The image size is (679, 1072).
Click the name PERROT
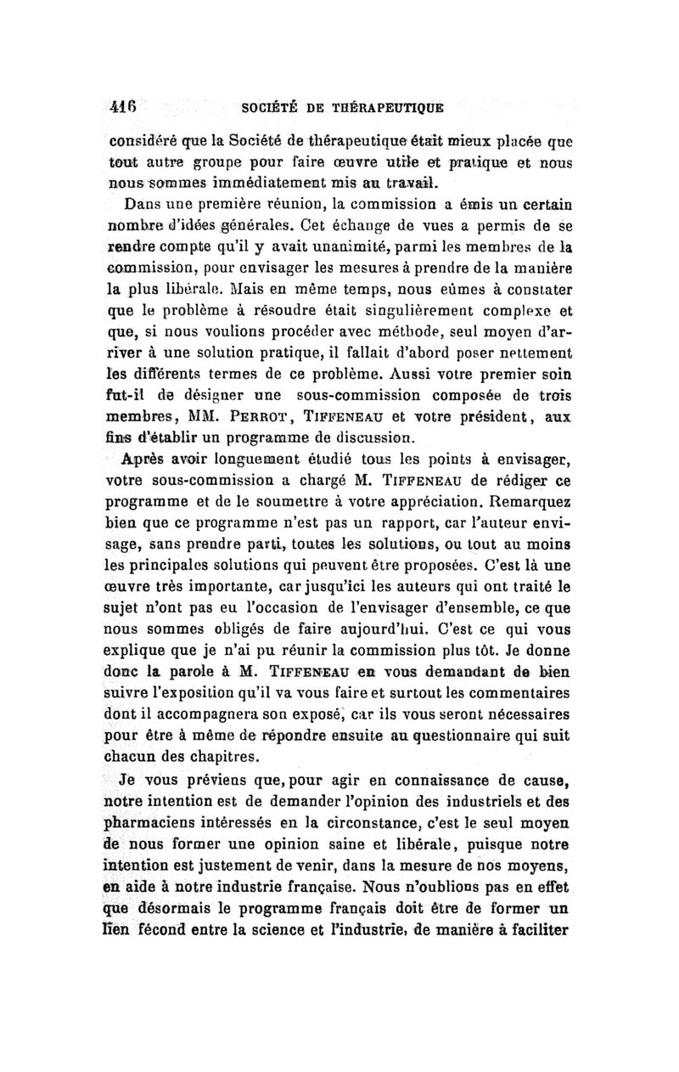pos(273,417)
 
